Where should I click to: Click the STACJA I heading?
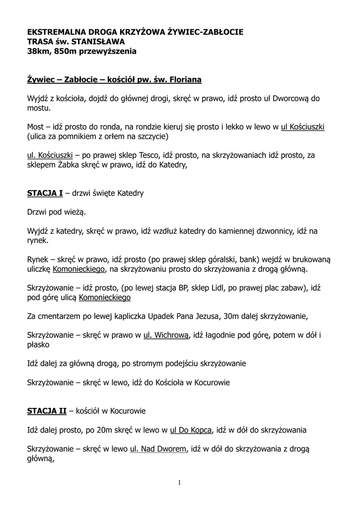pos(45,193)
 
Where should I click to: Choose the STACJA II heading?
pos(46,411)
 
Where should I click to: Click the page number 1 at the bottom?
pos(180,483)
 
